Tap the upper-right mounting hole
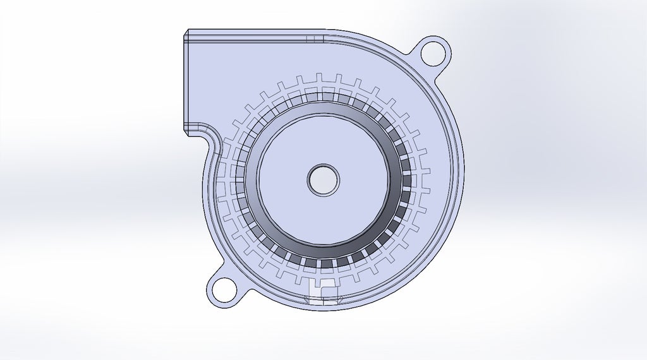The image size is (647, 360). (x=434, y=52)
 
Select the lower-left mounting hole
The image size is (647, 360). (x=222, y=290)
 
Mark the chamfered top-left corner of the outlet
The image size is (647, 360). (x=186, y=33)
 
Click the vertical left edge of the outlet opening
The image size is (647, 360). (x=184, y=82)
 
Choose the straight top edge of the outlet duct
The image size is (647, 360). (x=253, y=29)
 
